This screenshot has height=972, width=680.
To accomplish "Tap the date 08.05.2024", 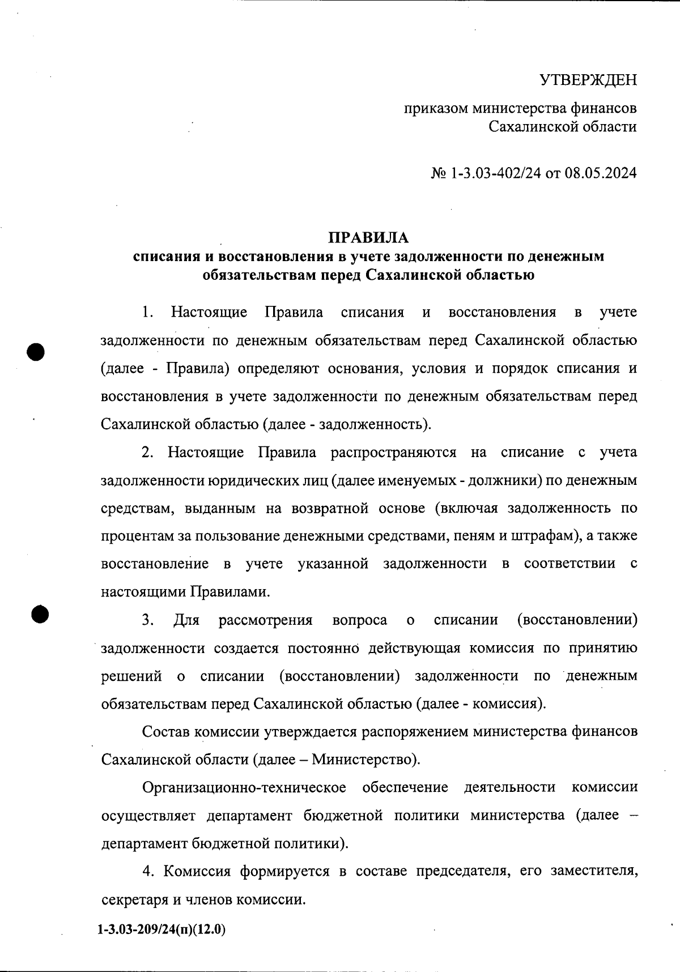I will (x=603, y=173).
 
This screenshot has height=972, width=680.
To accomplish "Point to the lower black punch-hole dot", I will (x=39, y=613).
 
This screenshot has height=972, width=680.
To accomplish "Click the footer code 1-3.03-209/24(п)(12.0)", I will (x=161, y=930).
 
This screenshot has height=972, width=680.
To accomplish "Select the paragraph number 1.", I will (x=148, y=312).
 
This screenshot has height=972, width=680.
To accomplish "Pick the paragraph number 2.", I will (x=148, y=453).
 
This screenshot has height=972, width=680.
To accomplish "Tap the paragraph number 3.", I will (x=148, y=620).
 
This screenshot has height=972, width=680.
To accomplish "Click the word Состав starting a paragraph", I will (x=165, y=732).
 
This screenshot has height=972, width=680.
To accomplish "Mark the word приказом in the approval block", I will (x=435, y=108).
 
